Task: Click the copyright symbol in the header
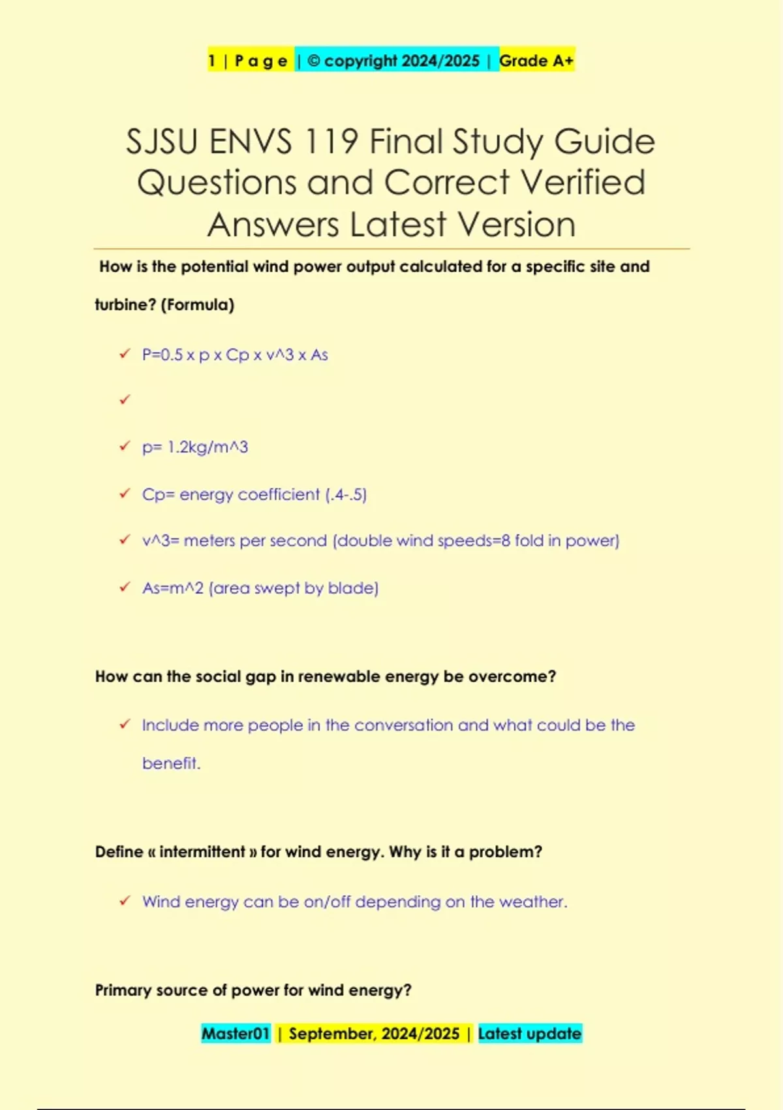coord(313,61)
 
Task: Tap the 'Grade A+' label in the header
coord(536,61)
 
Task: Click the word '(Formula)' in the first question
coord(197,305)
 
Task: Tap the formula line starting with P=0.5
coord(235,355)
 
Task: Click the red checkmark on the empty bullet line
coord(125,400)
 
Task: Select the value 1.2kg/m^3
coord(207,447)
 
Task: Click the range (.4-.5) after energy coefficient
coord(346,495)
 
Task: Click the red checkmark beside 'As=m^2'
coord(125,588)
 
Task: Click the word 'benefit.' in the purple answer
coord(171,763)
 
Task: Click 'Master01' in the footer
coord(236,1034)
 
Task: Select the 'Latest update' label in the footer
coord(529,1034)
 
